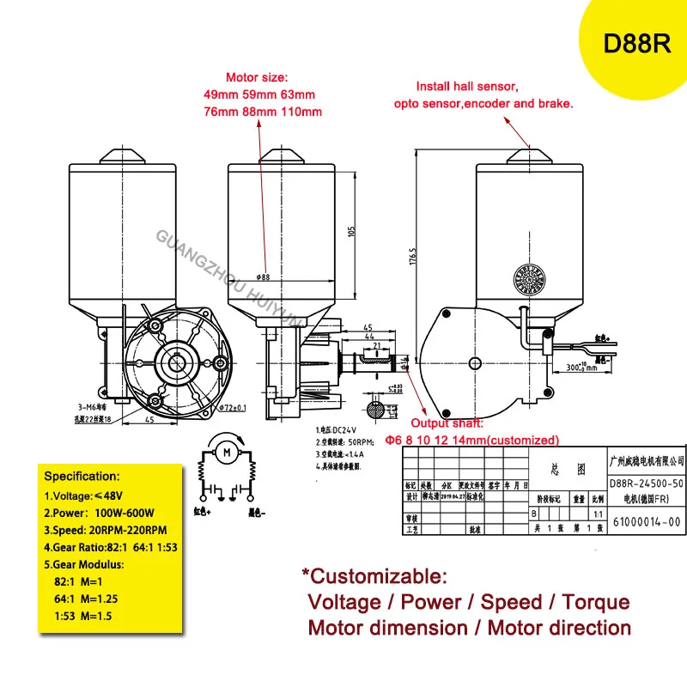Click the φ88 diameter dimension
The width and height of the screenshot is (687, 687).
263,277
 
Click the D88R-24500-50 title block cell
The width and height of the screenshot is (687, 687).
646,484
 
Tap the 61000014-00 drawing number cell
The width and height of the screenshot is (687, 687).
645,521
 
